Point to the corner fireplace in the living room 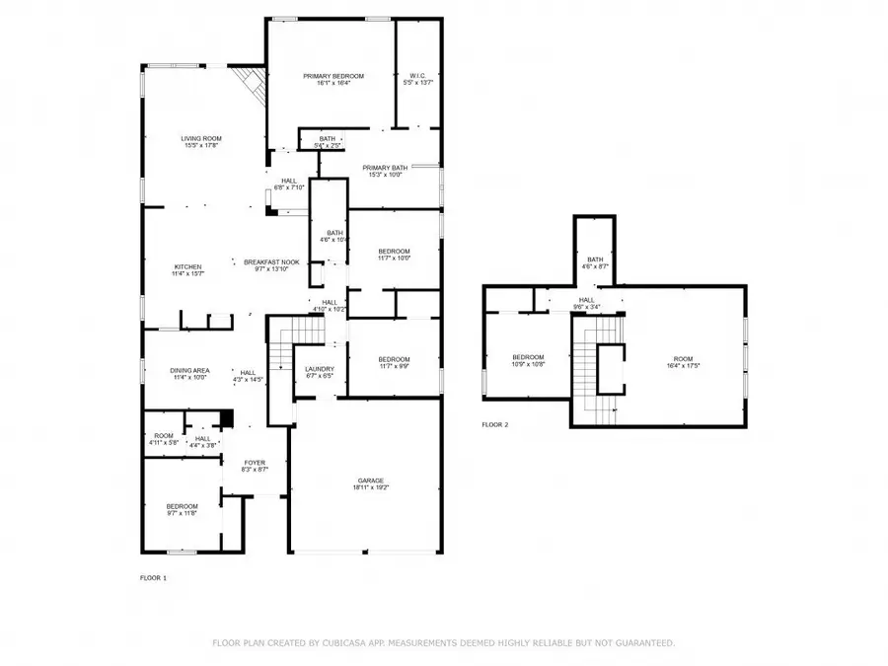pos(251,87)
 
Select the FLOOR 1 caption pos(153,577)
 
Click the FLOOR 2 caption pos(494,424)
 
